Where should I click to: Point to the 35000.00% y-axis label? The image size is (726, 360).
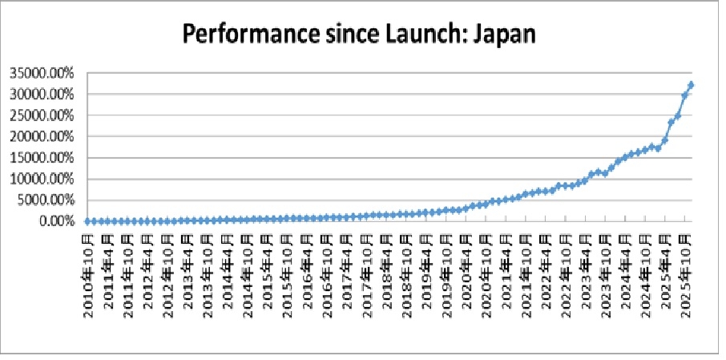coord(42,74)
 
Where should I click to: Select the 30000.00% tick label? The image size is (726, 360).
coord(42,95)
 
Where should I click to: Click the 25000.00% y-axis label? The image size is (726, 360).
coord(42,115)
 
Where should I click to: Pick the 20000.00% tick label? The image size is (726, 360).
coord(42,137)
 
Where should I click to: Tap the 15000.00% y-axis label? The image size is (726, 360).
coord(42,158)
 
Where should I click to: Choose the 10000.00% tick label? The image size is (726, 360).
coord(42,179)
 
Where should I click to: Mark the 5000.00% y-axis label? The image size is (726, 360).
coord(46,200)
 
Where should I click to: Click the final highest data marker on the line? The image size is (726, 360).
coord(691,85)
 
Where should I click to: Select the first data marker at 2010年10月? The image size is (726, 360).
coord(87,221)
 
